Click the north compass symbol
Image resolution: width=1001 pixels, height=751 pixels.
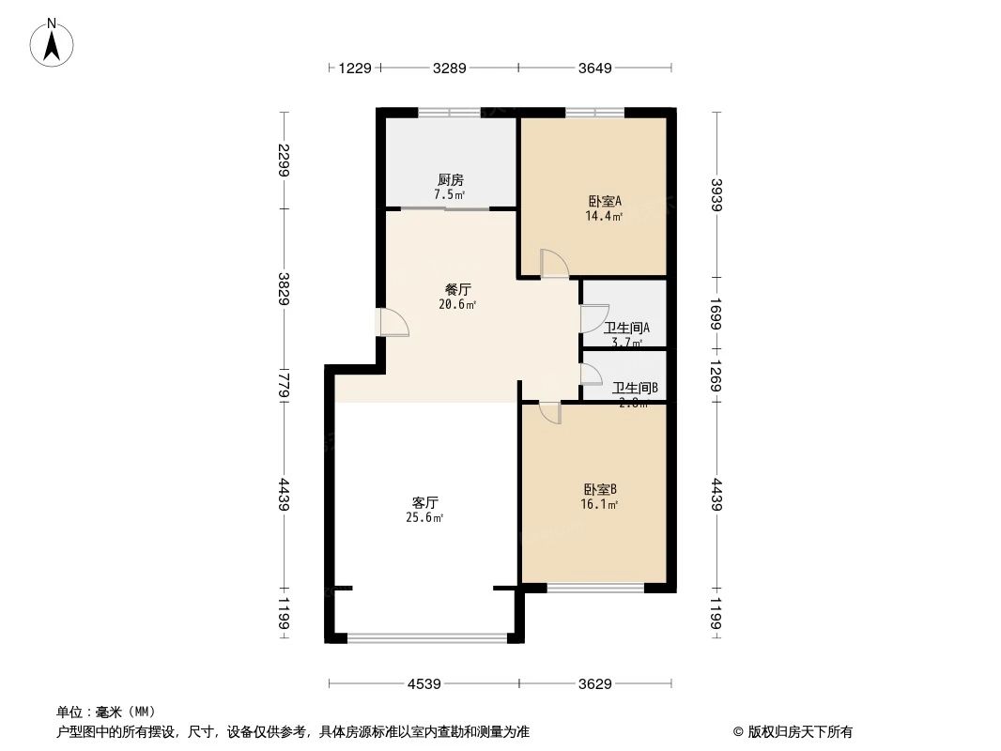(x=53, y=41)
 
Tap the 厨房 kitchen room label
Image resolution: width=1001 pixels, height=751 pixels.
(x=450, y=180)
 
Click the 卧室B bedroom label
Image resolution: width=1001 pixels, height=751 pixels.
(x=599, y=489)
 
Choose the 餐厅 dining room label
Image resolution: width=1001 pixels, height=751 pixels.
(x=457, y=290)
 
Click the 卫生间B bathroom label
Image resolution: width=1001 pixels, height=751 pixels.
(x=635, y=388)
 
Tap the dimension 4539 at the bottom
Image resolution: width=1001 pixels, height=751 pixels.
(x=423, y=684)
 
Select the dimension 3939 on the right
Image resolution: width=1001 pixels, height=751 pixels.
(x=717, y=195)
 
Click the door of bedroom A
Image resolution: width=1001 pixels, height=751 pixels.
(x=553, y=263)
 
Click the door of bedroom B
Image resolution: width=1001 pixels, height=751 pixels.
(x=550, y=412)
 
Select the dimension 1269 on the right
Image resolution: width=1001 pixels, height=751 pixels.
(x=717, y=375)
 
